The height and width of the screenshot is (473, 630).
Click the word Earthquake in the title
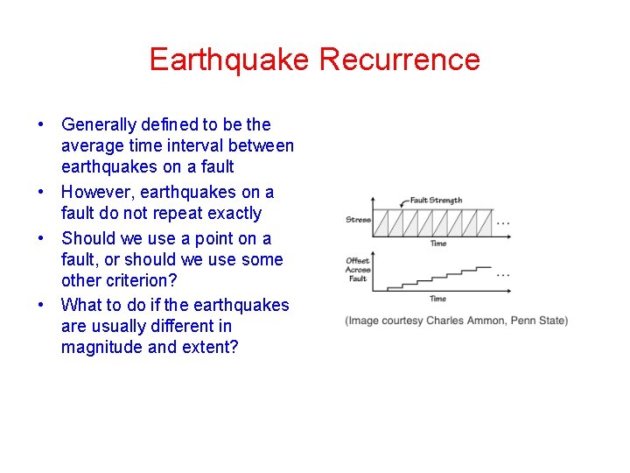230,60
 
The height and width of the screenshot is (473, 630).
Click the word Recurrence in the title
400,60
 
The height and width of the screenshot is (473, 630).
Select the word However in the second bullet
95,192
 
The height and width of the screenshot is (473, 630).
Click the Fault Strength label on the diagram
436,201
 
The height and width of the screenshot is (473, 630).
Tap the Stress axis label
358,220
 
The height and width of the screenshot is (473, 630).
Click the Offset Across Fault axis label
358,270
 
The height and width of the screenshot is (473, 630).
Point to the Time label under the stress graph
437,244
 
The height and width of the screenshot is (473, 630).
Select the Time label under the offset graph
437,299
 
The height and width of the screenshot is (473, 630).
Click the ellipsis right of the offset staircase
503,273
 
